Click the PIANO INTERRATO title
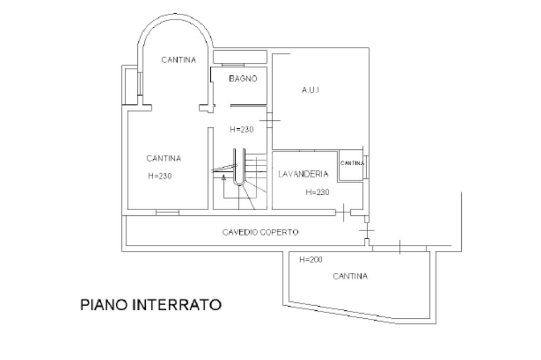point(151,305)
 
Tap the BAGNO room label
point(242,79)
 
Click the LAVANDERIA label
point(304,174)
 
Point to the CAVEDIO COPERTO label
point(260,232)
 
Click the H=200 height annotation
point(311,260)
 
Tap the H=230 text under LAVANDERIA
point(317,192)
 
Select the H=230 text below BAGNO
point(242,129)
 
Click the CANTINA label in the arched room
point(178,60)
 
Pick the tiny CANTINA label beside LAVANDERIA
point(352,163)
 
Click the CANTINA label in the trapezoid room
point(350,276)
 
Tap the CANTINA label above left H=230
point(164,158)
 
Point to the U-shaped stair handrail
point(239,168)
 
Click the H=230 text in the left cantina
point(160,176)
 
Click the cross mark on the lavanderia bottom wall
point(343,213)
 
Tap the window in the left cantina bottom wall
point(167,212)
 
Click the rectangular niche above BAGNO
point(239,56)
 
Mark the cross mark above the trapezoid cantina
point(399,247)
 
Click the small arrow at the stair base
point(224,178)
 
